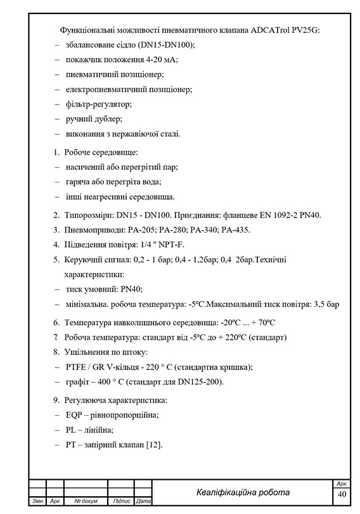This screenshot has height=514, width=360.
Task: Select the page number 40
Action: click(x=342, y=494)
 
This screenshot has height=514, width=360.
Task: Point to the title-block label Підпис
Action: click(x=121, y=501)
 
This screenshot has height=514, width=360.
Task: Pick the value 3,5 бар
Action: click(x=326, y=304)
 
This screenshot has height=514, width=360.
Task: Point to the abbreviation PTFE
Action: click(x=77, y=367)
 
